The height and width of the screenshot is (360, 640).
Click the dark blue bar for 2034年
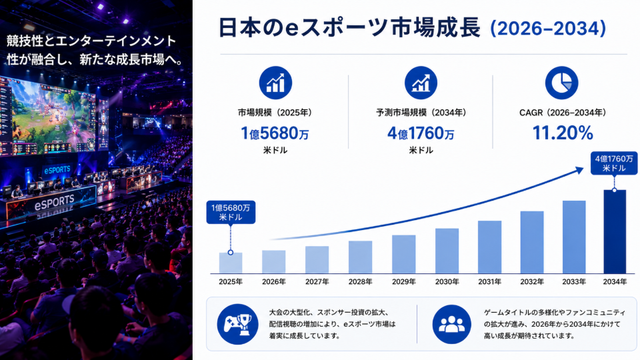tap(615, 231)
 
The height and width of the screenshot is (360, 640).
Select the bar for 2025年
tap(231, 263)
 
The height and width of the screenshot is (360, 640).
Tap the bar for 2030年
tap(447, 251)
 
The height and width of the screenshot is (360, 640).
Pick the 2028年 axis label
tap(361, 281)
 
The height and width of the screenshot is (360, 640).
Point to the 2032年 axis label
tap(532, 281)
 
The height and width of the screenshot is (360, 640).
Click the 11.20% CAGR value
tap(563, 133)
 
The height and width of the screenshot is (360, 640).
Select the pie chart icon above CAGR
tap(561, 83)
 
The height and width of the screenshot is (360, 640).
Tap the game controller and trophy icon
tap(237, 324)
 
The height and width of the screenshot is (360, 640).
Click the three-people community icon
tap(452, 324)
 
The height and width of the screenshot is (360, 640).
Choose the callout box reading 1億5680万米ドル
tap(231, 212)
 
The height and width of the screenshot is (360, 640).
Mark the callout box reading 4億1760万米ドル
tap(614, 163)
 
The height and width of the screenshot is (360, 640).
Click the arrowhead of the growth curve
tap(579, 170)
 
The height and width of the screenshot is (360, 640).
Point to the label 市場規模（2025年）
tap(275, 113)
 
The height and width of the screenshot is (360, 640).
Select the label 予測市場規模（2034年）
tap(421, 113)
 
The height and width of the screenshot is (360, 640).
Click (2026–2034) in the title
tap(548, 29)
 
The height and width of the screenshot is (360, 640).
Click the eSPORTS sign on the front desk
tap(54, 203)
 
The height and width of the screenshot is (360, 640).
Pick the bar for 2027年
tap(317, 259)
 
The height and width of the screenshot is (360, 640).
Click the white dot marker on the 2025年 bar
tap(231, 253)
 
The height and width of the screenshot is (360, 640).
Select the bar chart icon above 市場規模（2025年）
tap(275, 83)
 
